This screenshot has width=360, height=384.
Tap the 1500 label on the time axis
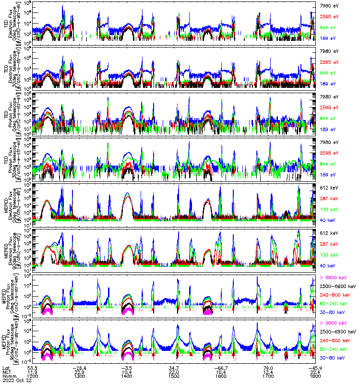pos(174,377)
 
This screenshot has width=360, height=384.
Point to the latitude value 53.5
pos(33,367)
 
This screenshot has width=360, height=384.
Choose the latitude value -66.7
pos(220,367)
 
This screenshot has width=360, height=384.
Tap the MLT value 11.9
pos(33,372)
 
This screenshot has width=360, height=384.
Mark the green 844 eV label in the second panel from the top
pos(328,72)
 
